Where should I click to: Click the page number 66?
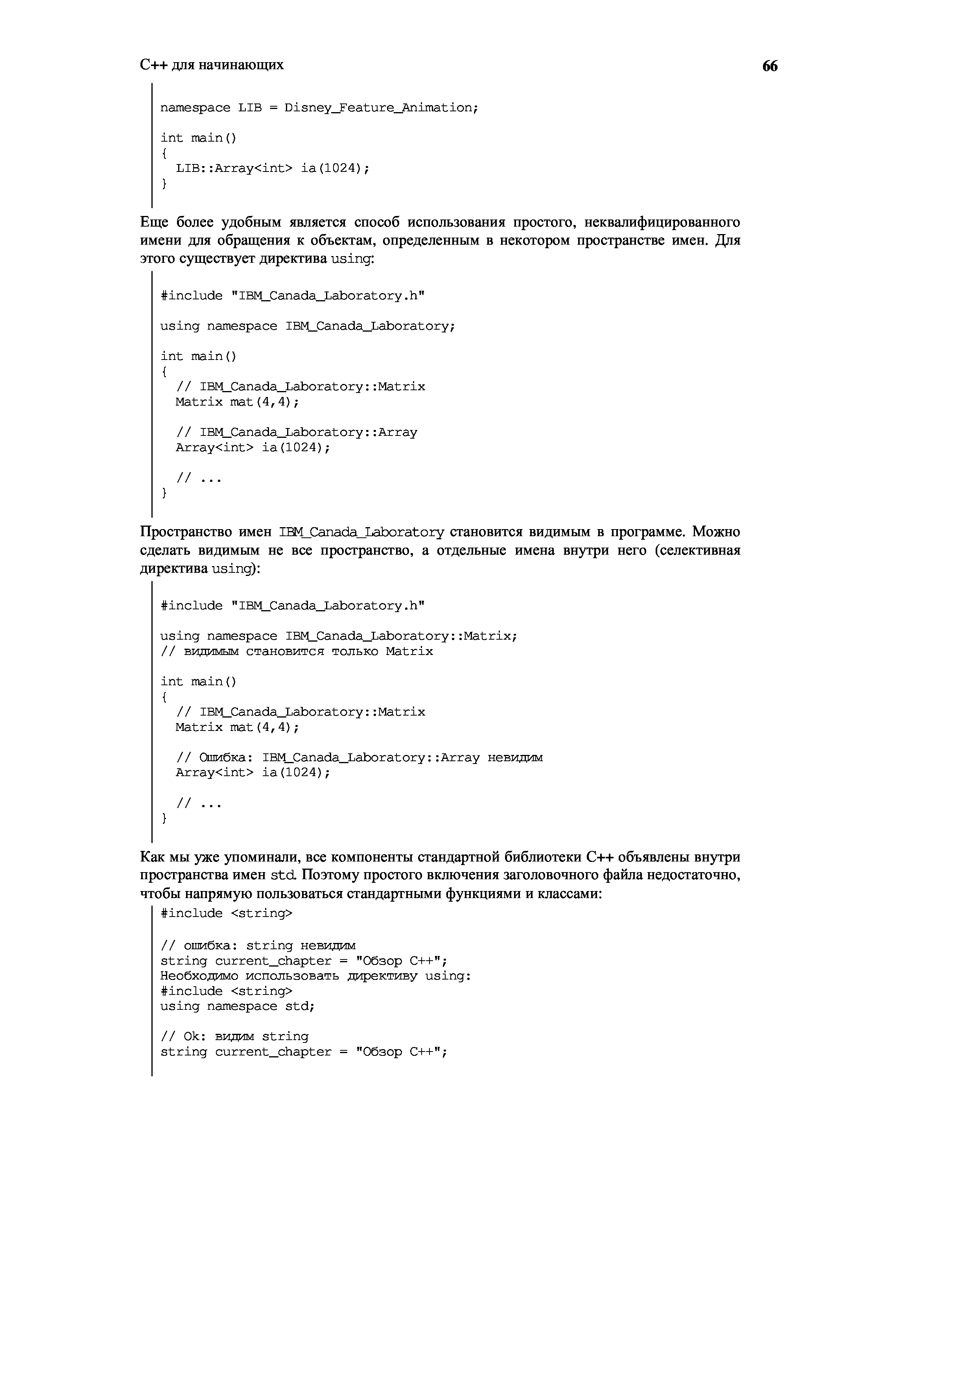(770, 66)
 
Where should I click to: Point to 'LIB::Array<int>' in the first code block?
(233, 168)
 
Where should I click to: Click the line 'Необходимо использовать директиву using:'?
(316, 976)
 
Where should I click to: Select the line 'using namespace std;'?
(237, 1006)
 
